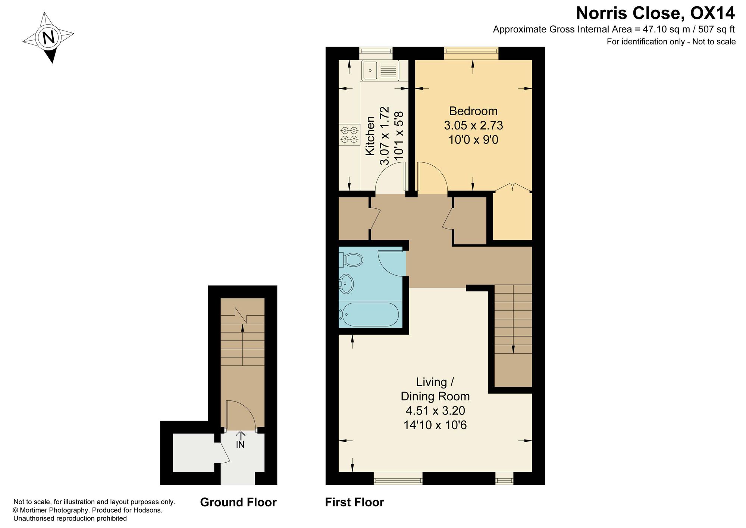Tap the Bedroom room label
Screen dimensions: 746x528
(x=473, y=111)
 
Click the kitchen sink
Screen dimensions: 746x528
(x=380, y=70)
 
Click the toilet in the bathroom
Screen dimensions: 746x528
(x=351, y=260)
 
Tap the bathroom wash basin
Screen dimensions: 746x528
(x=346, y=284)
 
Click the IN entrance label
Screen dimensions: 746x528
(x=240, y=445)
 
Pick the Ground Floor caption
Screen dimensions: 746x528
(x=238, y=502)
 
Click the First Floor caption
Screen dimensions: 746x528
(x=354, y=502)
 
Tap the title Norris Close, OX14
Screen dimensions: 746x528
(x=655, y=13)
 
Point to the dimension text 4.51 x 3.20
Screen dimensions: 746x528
(x=435, y=410)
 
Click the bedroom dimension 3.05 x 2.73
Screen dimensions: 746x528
(x=473, y=125)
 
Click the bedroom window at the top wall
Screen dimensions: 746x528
(x=471, y=53)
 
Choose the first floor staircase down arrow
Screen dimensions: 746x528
(x=513, y=319)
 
